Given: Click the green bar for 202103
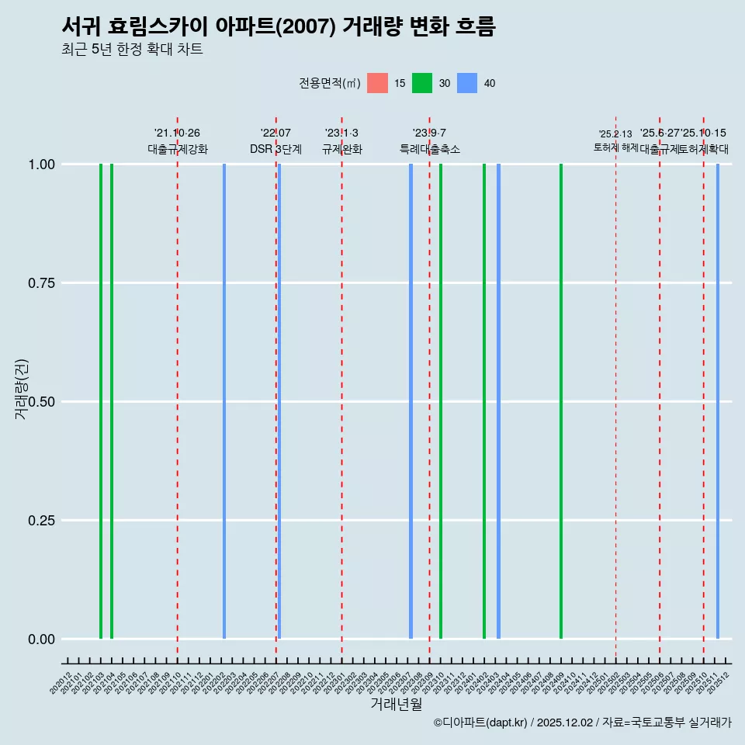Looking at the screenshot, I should coord(101,401).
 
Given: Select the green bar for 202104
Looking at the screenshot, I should coord(112,401).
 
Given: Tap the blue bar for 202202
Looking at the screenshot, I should coord(224,401).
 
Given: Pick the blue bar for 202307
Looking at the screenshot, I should coord(411,401).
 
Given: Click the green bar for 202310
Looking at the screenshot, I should coord(441,401).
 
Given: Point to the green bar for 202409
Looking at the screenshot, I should coord(561,401).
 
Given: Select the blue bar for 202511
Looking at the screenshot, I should coord(718,401).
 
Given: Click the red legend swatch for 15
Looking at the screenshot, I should coord(377,83).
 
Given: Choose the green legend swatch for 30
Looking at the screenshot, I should coord(422,83).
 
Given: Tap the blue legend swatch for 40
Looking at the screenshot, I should coord(467,83).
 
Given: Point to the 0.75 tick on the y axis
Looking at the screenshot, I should coord(40,283).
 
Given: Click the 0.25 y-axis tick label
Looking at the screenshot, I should coord(40,521).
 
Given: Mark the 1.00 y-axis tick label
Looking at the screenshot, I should coord(40,165).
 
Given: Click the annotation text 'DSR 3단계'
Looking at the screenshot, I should coord(275,149).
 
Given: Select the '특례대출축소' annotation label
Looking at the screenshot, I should coord(430,149).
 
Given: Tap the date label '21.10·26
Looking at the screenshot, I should coord(177,133).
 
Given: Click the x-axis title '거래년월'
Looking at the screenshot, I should coord(397,705).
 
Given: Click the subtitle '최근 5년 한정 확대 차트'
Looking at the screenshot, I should coord(132,50).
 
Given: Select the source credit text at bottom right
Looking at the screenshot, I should coord(582,723).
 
